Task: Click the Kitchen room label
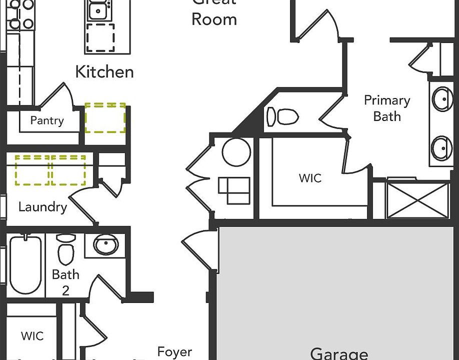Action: point(104,72)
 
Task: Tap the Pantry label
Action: point(47,120)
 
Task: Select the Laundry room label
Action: point(42,207)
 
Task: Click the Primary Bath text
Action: point(387,108)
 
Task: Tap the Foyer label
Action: point(174,352)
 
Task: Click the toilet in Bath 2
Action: point(65,249)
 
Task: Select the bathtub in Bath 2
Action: point(25,264)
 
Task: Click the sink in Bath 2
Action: point(106,245)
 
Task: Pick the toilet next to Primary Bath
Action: point(282,117)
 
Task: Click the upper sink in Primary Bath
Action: point(442,99)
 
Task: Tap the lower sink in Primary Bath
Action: point(442,148)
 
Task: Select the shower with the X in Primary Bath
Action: point(418,200)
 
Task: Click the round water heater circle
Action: point(236,152)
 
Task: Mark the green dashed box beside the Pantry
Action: point(105,118)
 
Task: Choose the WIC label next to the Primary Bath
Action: point(310,178)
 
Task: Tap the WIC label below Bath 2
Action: point(32,336)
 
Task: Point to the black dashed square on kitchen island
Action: point(100,38)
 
